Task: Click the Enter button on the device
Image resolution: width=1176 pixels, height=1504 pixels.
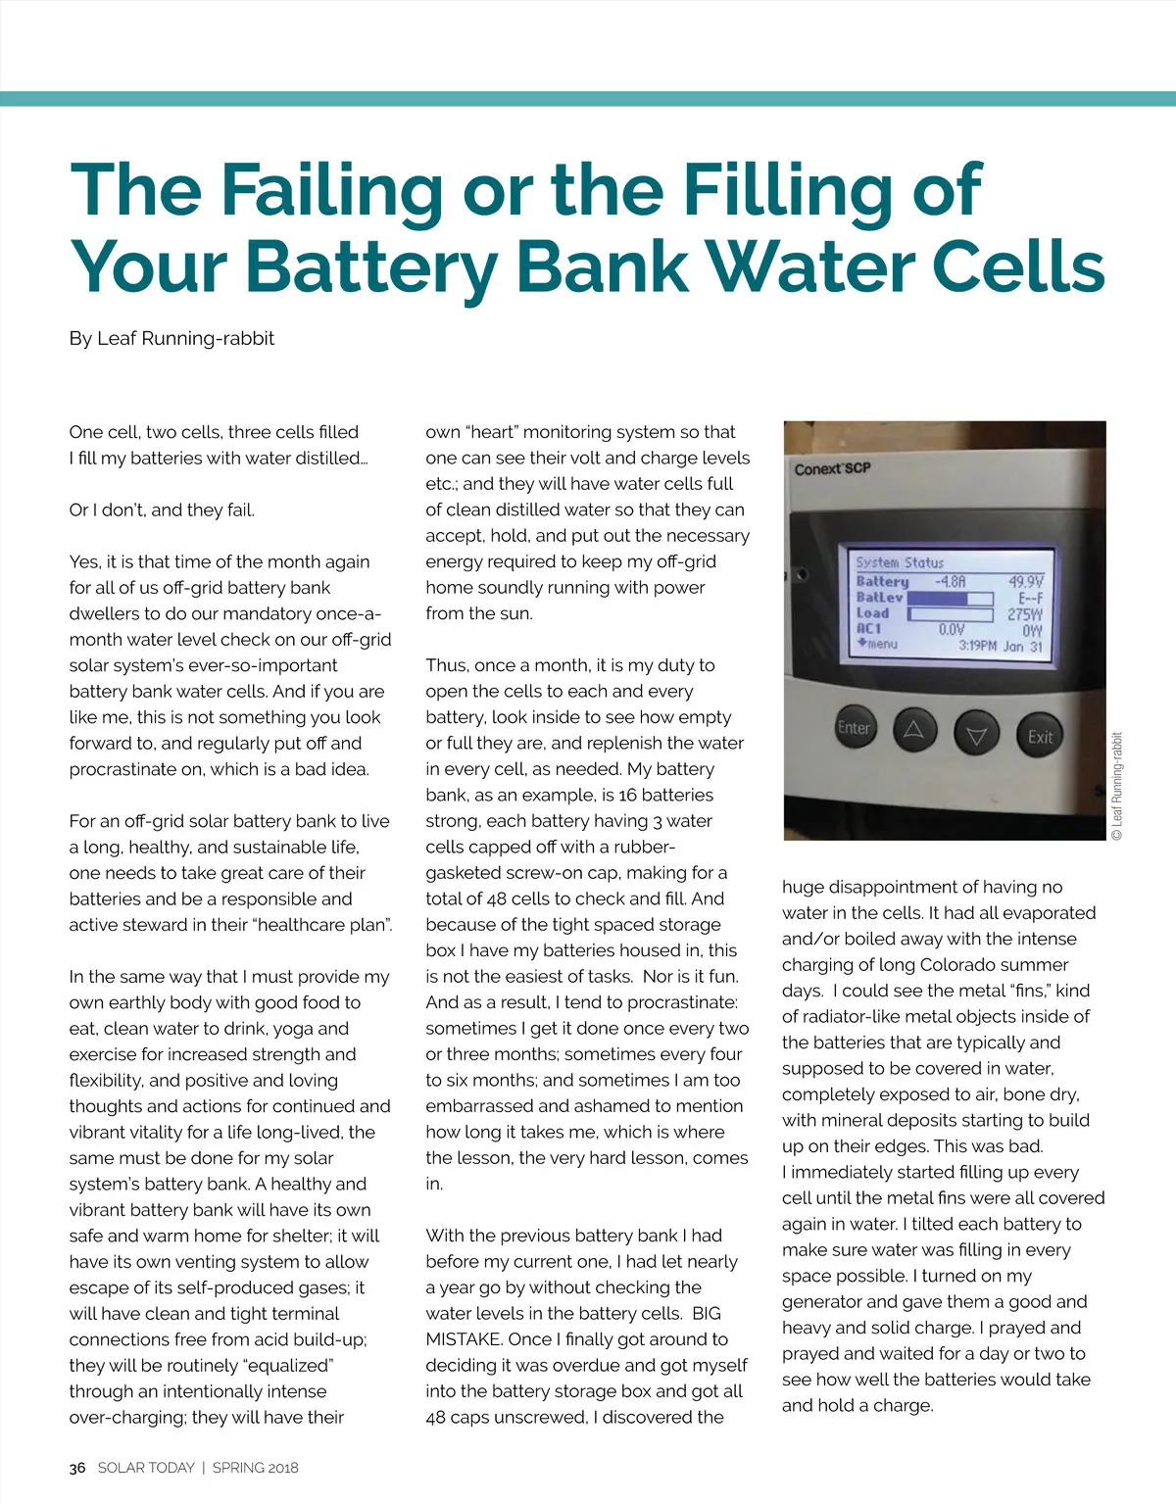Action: (854, 728)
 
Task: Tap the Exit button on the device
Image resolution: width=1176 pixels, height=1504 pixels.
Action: (1040, 737)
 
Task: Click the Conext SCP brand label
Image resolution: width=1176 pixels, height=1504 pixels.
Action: (832, 468)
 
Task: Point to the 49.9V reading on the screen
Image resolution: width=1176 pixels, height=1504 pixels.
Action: (1026, 581)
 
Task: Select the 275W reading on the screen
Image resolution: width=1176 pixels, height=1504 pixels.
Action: (1025, 614)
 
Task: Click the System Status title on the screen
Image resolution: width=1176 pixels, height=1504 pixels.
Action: (899, 562)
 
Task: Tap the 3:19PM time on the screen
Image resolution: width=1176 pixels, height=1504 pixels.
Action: (977, 646)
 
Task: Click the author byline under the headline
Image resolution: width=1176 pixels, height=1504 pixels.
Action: (171, 339)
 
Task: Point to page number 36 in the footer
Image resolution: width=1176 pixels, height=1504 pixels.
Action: (77, 1468)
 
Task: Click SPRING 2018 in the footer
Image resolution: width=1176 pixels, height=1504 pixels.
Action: (255, 1468)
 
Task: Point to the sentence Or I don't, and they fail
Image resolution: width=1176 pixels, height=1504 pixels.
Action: (162, 509)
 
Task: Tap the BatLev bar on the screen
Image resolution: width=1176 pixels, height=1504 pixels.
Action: (949, 598)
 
